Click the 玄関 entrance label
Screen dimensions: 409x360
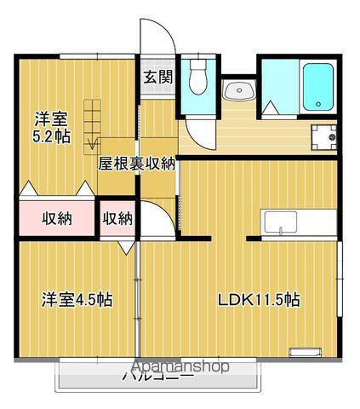158,78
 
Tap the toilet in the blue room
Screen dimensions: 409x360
199,79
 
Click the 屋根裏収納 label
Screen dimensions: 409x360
136,164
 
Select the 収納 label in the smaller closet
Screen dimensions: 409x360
117,218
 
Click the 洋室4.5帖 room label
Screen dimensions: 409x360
77,300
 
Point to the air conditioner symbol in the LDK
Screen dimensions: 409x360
304,350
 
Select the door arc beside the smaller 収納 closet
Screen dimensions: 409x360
151,217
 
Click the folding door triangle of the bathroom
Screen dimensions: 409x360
271,107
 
